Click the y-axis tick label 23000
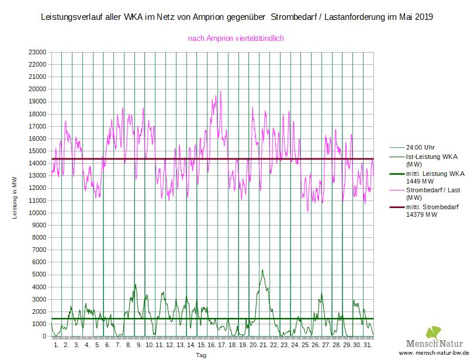coord(37,52)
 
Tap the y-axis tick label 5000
coord(39,275)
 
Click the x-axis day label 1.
coord(56,345)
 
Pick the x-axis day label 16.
coord(211,345)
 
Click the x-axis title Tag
coord(200,355)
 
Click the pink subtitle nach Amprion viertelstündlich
coord(236,39)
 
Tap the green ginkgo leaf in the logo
coord(435,333)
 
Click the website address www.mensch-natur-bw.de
coord(435,354)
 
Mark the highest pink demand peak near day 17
coord(220,91)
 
